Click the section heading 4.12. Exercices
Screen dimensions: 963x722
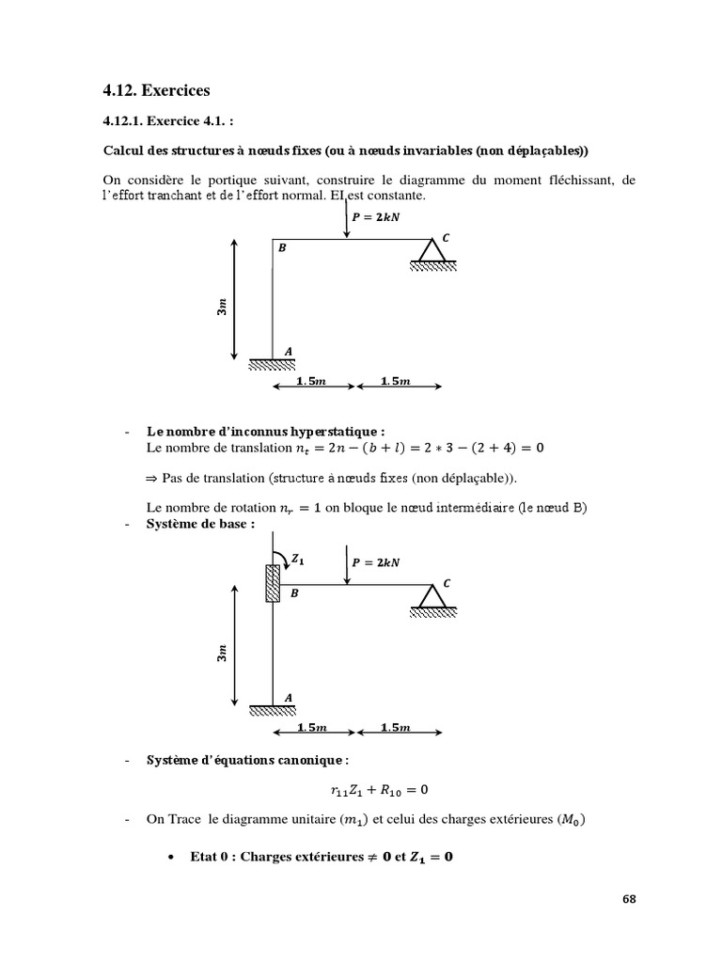pos(157,91)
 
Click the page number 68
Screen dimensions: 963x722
pos(629,898)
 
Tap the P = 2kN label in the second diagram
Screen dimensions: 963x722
pos(375,562)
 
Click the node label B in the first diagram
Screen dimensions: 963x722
pos(281,247)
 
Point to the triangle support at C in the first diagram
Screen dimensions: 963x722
pos(432,252)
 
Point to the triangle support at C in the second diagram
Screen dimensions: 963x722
pos(432,596)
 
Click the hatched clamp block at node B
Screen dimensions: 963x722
pos(272,582)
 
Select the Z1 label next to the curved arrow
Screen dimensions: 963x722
pos(298,558)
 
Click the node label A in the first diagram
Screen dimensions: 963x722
pos(289,351)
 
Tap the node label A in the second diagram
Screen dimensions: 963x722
pos(289,697)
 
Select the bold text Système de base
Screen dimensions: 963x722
pos(200,523)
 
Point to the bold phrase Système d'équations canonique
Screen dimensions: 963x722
pos(247,759)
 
